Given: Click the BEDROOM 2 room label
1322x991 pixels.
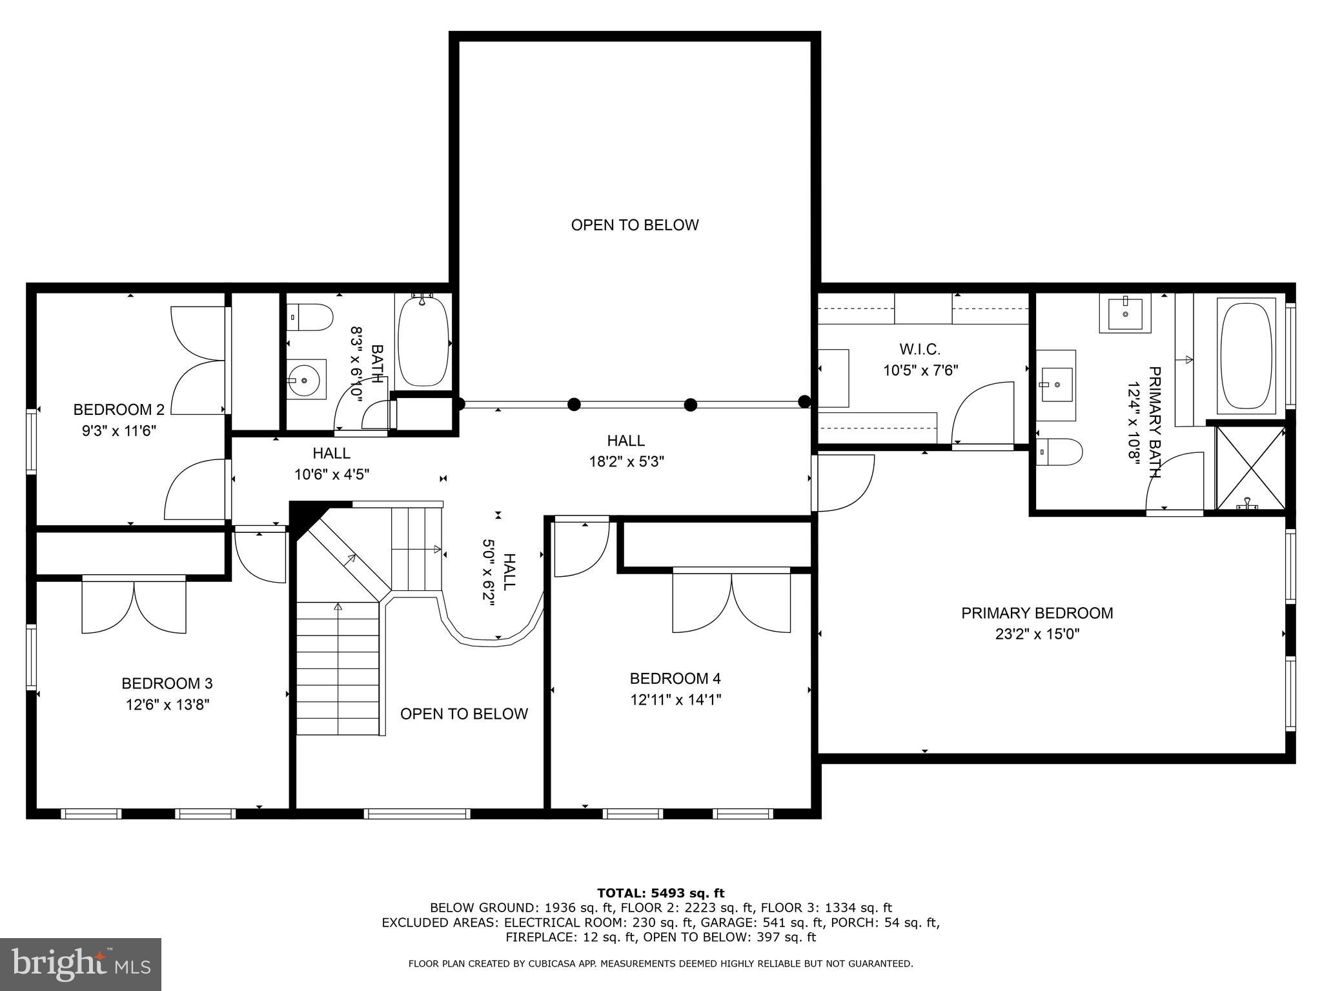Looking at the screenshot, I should coord(119,410).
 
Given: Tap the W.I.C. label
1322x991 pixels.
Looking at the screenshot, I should coord(920,349).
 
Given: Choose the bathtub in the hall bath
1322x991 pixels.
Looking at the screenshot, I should coord(423,342).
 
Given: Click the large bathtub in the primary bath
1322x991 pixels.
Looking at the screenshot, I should coord(1246,356).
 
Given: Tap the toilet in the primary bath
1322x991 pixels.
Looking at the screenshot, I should coord(1059,452).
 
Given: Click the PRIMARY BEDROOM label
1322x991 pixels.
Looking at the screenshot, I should coord(1037,613).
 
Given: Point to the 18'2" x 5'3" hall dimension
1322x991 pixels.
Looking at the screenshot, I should coord(625,462).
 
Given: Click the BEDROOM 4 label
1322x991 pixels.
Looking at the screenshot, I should coord(675,678).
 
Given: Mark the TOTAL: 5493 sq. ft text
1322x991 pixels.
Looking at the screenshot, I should coord(660,893).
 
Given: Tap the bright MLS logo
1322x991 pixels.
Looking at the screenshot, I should coord(81,965).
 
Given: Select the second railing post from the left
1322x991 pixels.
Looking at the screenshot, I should coord(574,405).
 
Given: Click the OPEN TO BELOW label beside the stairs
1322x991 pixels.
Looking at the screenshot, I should coord(463,714).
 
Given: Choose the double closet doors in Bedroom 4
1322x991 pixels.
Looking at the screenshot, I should coord(731,601).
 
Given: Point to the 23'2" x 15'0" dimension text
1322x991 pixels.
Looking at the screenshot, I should coord(1037,634).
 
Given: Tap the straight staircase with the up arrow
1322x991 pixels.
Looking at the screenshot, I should coord(338,668).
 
